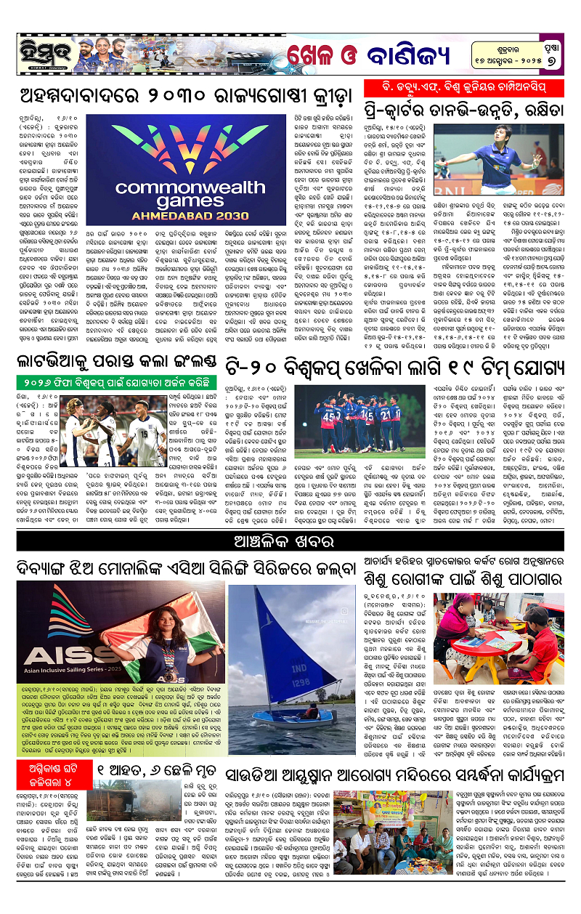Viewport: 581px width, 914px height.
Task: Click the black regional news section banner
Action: click(290, 542)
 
